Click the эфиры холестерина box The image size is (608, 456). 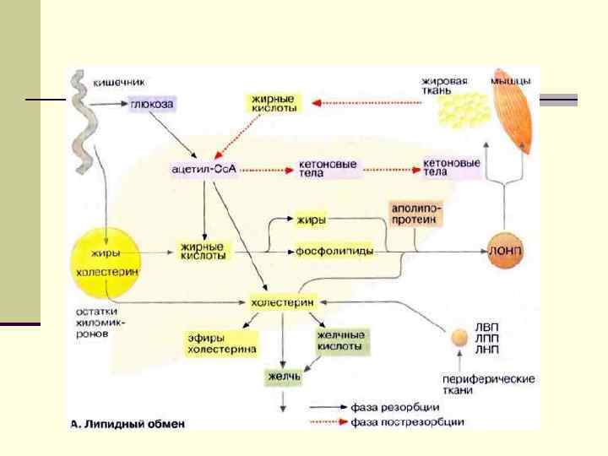point(222,344)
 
